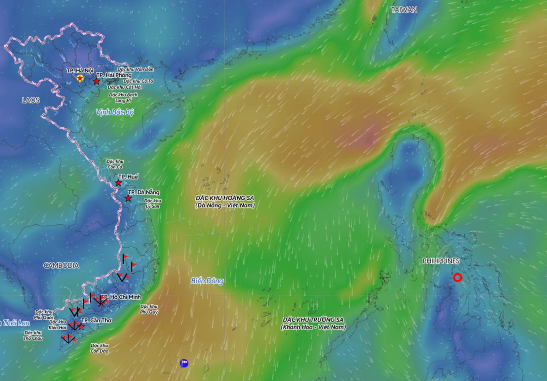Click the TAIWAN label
(x=404, y=10)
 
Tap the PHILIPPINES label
(x=441, y=261)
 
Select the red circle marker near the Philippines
(x=457, y=278)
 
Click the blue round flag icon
(x=184, y=363)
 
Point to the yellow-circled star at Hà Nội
(x=80, y=78)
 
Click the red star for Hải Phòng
(x=96, y=81)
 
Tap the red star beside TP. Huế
(x=118, y=183)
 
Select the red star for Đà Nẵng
(x=128, y=198)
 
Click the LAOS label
(x=31, y=100)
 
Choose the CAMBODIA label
(x=61, y=265)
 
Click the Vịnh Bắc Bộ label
(x=115, y=113)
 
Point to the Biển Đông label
(x=207, y=281)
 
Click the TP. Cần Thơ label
(x=96, y=320)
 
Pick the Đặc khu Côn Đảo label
(x=99, y=348)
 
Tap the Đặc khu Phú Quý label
(x=149, y=309)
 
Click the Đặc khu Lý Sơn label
(x=153, y=204)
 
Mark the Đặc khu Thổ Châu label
(x=33, y=335)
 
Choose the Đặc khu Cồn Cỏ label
(x=115, y=164)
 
